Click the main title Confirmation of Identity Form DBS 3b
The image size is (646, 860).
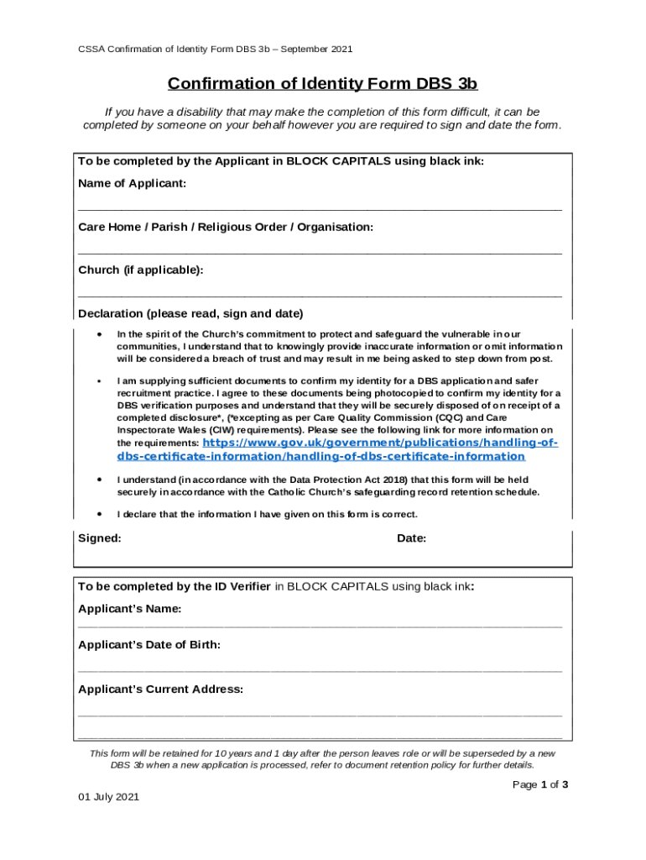pyautogui.click(x=322, y=84)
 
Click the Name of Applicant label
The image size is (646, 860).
pyautogui.click(x=132, y=184)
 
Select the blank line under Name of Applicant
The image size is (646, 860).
pyautogui.click(x=320, y=209)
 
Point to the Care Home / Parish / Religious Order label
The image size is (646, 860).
pyautogui.click(x=225, y=228)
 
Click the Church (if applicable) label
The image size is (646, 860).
pyautogui.click(x=140, y=270)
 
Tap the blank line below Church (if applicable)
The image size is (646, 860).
pyautogui.click(x=320, y=296)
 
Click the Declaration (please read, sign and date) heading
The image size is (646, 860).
pyautogui.click(x=190, y=314)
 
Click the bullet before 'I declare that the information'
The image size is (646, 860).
pyautogui.click(x=100, y=513)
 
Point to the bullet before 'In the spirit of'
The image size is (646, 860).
pyautogui.click(x=100, y=333)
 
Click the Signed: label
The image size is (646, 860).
pyautogui.click(x=99, y=538)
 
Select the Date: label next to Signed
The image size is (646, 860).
pyautogui.click(x=411, y=538)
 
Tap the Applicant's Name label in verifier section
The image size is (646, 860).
pyautogui.click(x=129, y=609)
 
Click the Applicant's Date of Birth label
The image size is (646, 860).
pyautogui.click(x=149, y=645)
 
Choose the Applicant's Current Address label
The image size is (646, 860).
pyautogui.click(x=160, y=690)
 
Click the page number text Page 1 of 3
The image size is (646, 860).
pyautogui.click(x=541, y=784)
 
